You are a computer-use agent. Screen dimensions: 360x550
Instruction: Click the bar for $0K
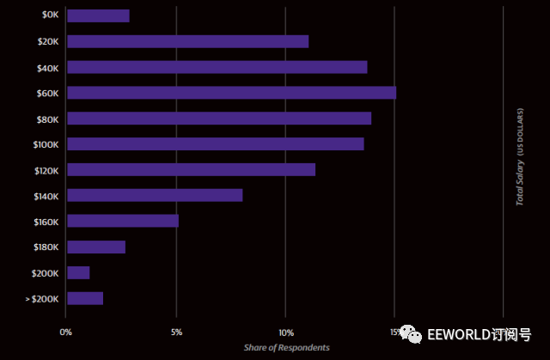[98, 15]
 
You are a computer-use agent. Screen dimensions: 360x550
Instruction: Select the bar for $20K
[187, 41]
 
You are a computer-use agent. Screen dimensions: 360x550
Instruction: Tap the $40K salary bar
[217, 67]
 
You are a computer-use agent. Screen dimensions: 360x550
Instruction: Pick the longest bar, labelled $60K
[231, 93]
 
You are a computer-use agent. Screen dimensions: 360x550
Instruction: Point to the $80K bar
[219, 119]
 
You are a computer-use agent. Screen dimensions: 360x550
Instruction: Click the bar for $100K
[215, 144]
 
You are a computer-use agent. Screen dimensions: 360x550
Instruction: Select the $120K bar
[191, 170]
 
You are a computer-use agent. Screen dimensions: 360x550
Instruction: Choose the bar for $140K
[155, 196]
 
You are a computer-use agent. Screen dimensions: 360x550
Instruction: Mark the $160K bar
[123, 221]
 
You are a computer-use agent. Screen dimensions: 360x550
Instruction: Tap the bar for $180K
[96, 247]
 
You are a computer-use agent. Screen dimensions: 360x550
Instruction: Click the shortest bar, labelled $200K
[78, 273]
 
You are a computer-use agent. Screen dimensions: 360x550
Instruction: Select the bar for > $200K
[85, 299]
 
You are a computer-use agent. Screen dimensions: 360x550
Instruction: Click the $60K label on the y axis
[46, 93]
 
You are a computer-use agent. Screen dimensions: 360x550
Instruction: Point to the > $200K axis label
[41, 299]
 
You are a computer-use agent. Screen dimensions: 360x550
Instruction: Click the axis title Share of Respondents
[286, 347]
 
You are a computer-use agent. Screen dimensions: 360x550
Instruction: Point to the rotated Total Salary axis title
[520, 157]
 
